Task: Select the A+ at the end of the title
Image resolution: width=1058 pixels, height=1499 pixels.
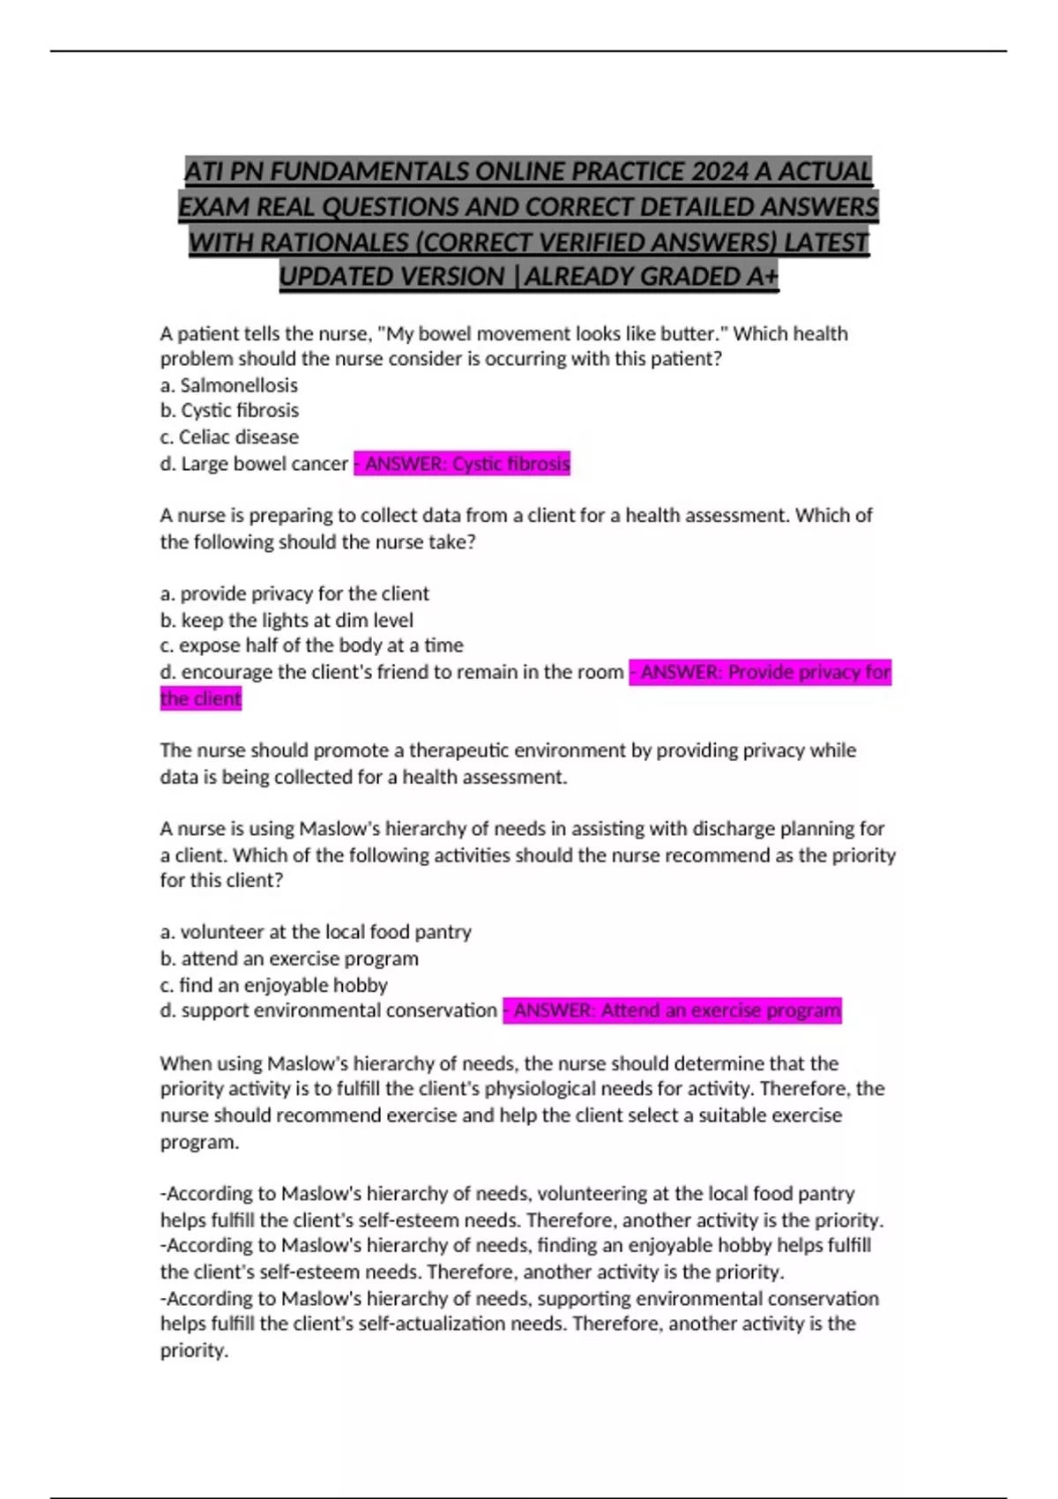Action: coord(763,277)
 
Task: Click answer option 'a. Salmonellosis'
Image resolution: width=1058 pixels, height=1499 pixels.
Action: coord(229,385)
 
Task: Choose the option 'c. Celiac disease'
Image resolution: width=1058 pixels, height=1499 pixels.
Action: coord(229,437)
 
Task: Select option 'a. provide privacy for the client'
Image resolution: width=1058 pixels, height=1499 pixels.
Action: coord(294,593)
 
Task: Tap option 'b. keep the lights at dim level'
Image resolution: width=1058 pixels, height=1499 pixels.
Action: coord(287,620)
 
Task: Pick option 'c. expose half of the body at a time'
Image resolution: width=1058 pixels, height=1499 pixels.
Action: coord(311,645)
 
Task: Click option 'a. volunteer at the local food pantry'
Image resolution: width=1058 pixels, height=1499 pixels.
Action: coord(316,932)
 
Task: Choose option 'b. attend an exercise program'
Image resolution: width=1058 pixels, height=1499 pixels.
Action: coord(289,958)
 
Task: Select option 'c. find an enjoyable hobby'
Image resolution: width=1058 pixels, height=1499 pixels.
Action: coord(274,985)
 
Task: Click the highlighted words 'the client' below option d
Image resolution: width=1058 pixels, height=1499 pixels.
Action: coord(200,698)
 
